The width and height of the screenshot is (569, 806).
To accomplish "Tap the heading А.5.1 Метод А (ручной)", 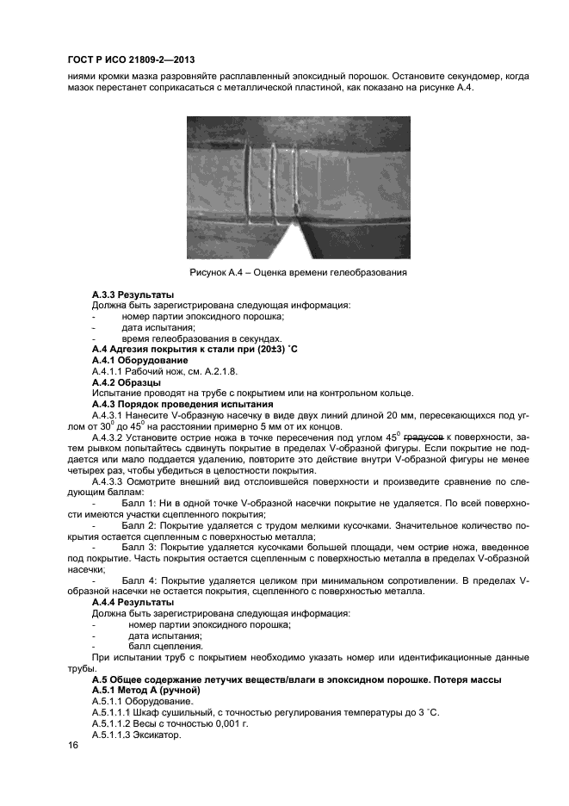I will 145,691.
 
